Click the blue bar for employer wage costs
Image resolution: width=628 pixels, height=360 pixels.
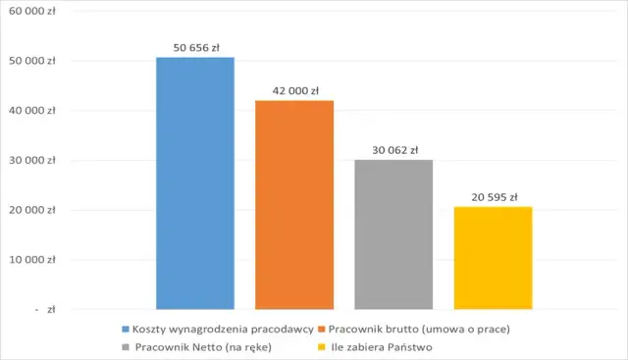195,182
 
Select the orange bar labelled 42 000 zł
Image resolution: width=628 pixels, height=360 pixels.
294,204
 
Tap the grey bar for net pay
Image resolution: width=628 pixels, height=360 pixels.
393,233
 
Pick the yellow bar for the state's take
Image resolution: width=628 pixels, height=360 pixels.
494,257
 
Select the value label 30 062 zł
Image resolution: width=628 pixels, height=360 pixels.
393,150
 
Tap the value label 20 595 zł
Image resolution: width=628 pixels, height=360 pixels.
494,197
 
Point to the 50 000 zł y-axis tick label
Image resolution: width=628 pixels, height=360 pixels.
33,61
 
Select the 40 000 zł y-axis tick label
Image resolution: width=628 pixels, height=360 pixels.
33,111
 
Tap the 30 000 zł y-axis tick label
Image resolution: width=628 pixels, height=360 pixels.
33,161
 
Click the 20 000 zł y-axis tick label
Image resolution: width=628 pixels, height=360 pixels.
33,210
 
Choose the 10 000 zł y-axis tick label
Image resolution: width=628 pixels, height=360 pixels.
33,260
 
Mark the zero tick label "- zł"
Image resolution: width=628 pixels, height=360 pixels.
45,309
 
